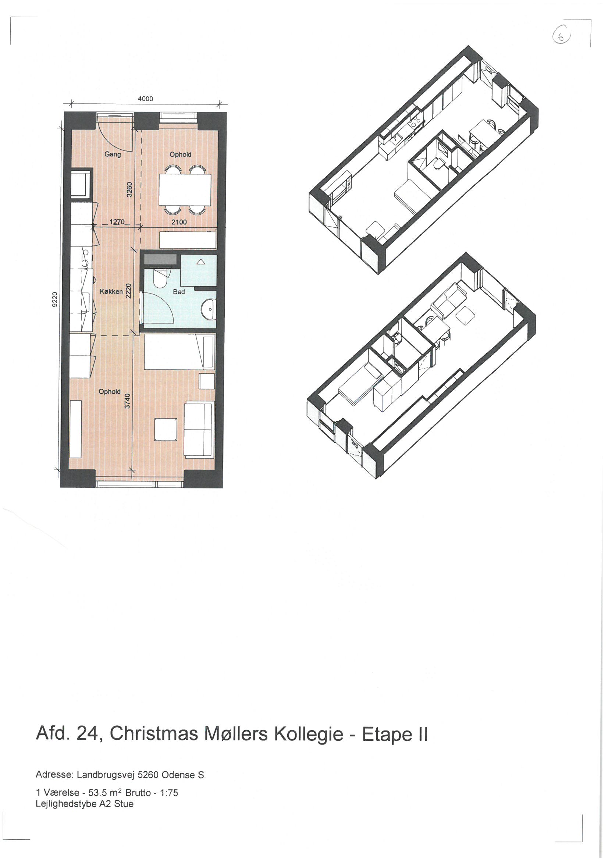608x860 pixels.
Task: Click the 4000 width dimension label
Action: (145, 99)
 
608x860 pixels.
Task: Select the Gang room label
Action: (113, 154)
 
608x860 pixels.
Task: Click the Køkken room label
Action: (111, 291)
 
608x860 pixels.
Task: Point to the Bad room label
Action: (179, 292)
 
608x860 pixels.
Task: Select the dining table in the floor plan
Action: (185, 190)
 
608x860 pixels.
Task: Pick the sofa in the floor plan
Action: (199, 429)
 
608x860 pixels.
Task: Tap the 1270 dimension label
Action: (117, 222)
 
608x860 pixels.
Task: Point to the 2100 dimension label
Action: (179, 222)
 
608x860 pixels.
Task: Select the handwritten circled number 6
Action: (561, 36)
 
